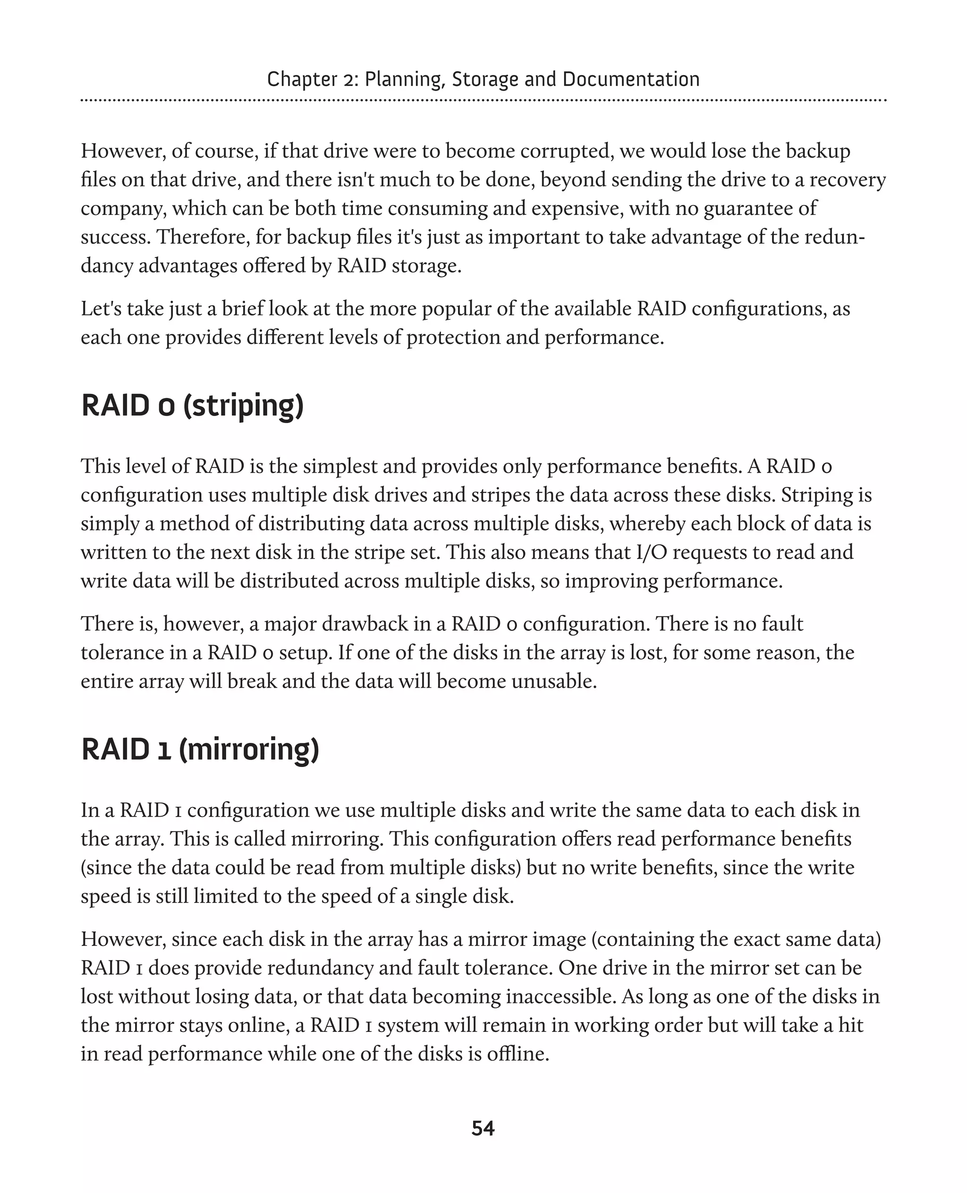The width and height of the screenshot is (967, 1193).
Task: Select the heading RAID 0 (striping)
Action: click(193, 405)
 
